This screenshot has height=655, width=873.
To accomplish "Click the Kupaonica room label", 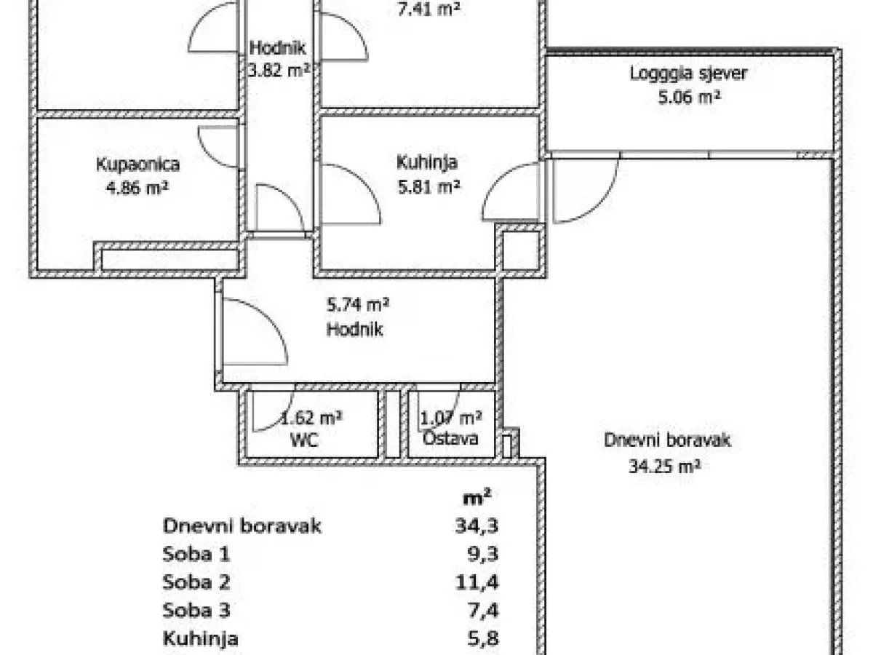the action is click(x=137, y=164).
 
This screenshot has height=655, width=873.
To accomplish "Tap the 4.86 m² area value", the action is click(x=137, y=188).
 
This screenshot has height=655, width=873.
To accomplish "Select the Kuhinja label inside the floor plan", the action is click(x=427, y=162).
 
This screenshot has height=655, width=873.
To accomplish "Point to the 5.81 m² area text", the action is click(x=429, y=186).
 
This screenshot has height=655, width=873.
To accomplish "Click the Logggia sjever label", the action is click(x=688, y=74).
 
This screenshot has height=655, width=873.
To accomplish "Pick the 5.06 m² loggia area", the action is click(x=689, y=97).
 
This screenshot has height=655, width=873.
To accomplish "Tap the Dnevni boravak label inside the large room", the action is click(x=667, y=440).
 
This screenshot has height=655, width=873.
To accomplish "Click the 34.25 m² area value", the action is click(x=664, y=466).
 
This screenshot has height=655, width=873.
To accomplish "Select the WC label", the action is click(x=304, y=440).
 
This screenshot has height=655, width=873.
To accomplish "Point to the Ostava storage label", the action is click(x=450, y=439).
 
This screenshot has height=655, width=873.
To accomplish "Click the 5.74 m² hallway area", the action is click(x=357, y=305).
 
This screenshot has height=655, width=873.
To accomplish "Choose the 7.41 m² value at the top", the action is click(x=429, y=9).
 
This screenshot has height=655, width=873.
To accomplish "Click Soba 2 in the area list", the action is click(x=196, y=581).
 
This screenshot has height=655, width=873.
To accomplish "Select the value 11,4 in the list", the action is click(x=477, y=583).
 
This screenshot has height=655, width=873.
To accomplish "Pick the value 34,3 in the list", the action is click(x=477, y=526).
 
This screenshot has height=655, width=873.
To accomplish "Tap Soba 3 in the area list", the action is click(x=196, y=610).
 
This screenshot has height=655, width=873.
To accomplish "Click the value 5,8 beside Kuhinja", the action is click(x=484, y=639).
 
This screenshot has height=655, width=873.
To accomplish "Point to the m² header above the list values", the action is click(x=477, y=497).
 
